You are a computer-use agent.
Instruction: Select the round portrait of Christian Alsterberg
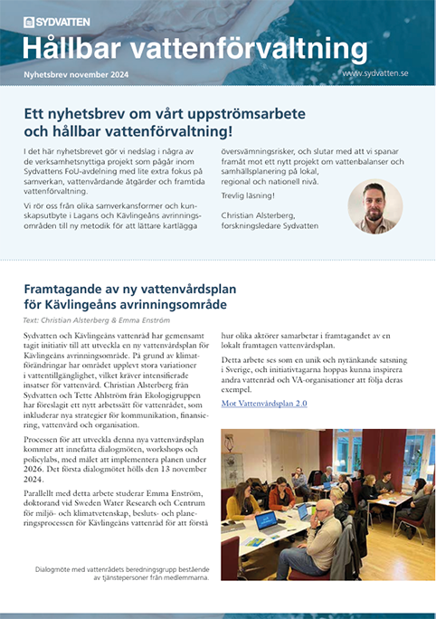tap(374, 207)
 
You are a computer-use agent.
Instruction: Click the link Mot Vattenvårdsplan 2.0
tap(264, 402)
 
